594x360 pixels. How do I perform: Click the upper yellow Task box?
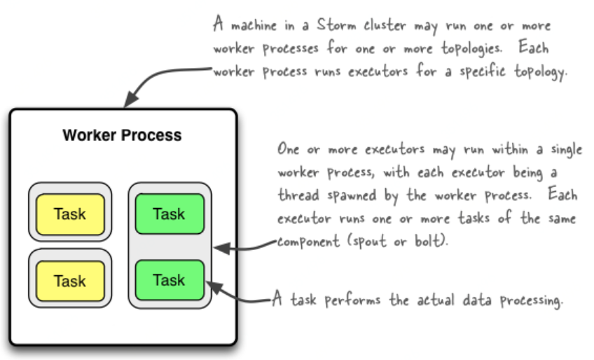click(x=70, y=214)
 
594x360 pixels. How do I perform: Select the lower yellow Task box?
click(x=70, y=281)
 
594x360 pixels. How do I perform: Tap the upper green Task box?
click(x=170, y=214)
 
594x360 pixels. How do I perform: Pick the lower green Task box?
click(x=170, y=280)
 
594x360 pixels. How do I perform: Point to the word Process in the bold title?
click(x=151, y=135)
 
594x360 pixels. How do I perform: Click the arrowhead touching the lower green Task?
click(x=213, y=287)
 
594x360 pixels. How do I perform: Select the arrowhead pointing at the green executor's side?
click(x=221, y=249)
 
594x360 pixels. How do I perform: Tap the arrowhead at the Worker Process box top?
click(x=131, y=99)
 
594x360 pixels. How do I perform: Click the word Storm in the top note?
click(x=336, y=25)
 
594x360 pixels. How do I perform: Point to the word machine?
click(x=254, y=26)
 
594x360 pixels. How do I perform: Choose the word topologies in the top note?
click(x=471, y=49)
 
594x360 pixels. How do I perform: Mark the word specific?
click(x=482, y=71)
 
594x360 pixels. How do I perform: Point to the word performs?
click(x=352, y=300)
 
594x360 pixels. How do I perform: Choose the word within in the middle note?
click(x=510, y=149)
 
